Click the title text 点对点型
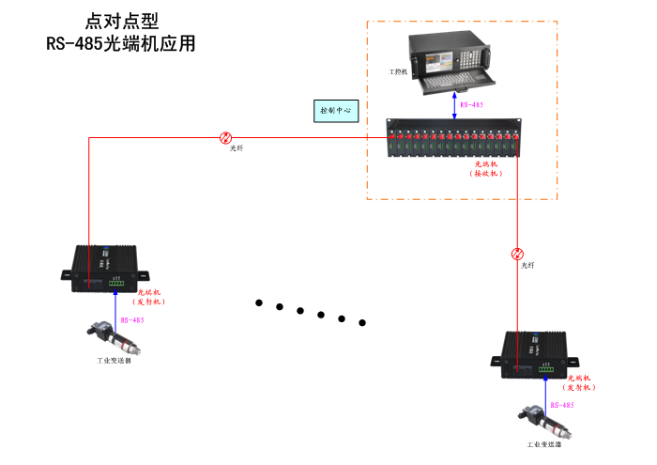[121, 21]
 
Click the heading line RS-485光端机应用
[121, 43]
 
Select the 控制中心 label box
[334, 110]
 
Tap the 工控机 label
[398, 70]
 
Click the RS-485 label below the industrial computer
[471, 104]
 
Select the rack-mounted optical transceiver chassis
[455, 139]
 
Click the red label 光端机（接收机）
[486, 169]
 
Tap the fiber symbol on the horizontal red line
[225, 137]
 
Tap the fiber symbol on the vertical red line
[517, 254]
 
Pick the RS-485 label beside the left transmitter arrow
[132, 320]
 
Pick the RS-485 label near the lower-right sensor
[562, 405]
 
